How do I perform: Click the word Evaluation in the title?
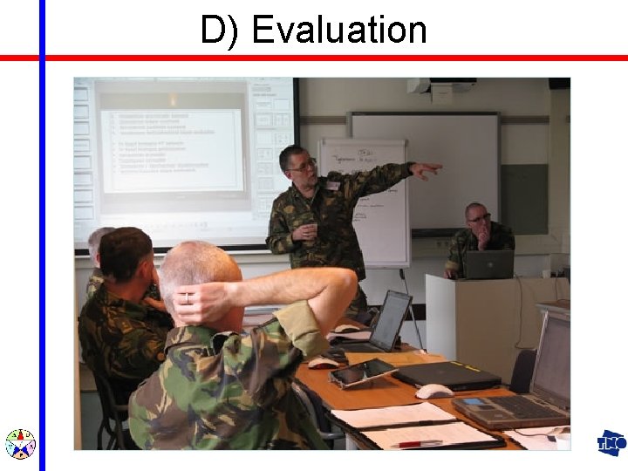pos(339,30)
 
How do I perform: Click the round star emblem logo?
pos(20,444)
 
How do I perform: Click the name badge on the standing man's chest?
pos(332,185)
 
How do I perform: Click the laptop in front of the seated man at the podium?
pos(488,264)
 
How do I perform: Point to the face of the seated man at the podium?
pos(478,219)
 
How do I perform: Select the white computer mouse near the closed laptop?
pos(433,392)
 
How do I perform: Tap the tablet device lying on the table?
pos(362,372)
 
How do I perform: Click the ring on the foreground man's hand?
pos(186,297)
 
